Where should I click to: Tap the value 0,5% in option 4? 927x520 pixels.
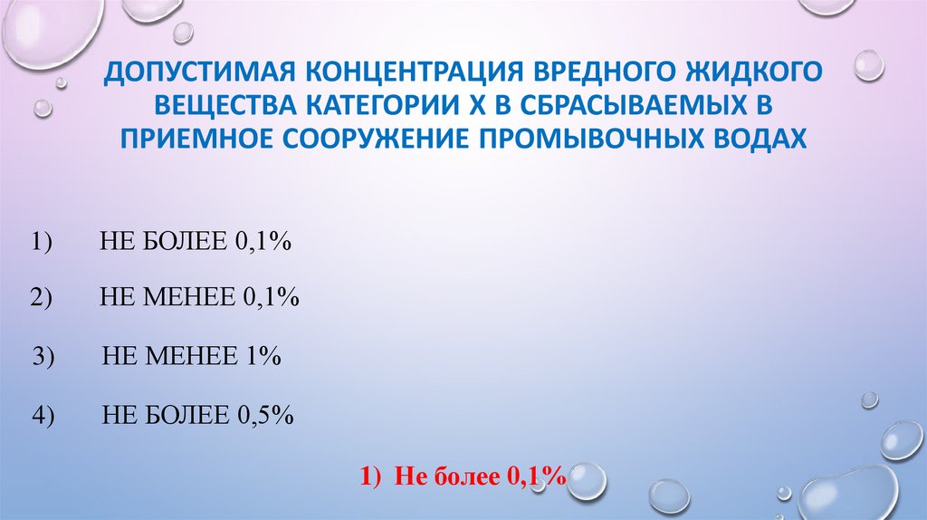266,416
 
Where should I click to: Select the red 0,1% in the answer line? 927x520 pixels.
535,476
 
